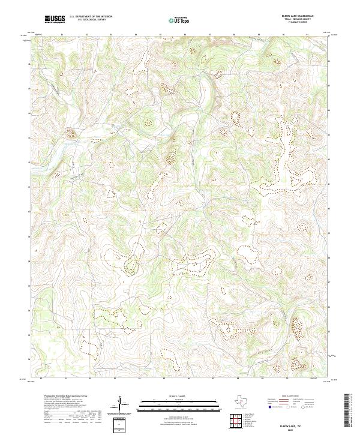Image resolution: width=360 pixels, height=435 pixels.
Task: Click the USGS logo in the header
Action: [x=55, y=19]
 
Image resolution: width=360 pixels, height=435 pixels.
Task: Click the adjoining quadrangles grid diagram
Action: [x=235, y=421]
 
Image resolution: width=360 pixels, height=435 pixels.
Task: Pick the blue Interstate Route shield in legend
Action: [x=269, y=407]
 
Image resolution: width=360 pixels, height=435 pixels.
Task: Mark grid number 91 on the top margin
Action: [x=307, y=35]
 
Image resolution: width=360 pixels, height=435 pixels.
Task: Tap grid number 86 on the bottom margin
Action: [x=185, y=380]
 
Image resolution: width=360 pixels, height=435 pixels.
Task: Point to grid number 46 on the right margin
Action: [x=329, y=61]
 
